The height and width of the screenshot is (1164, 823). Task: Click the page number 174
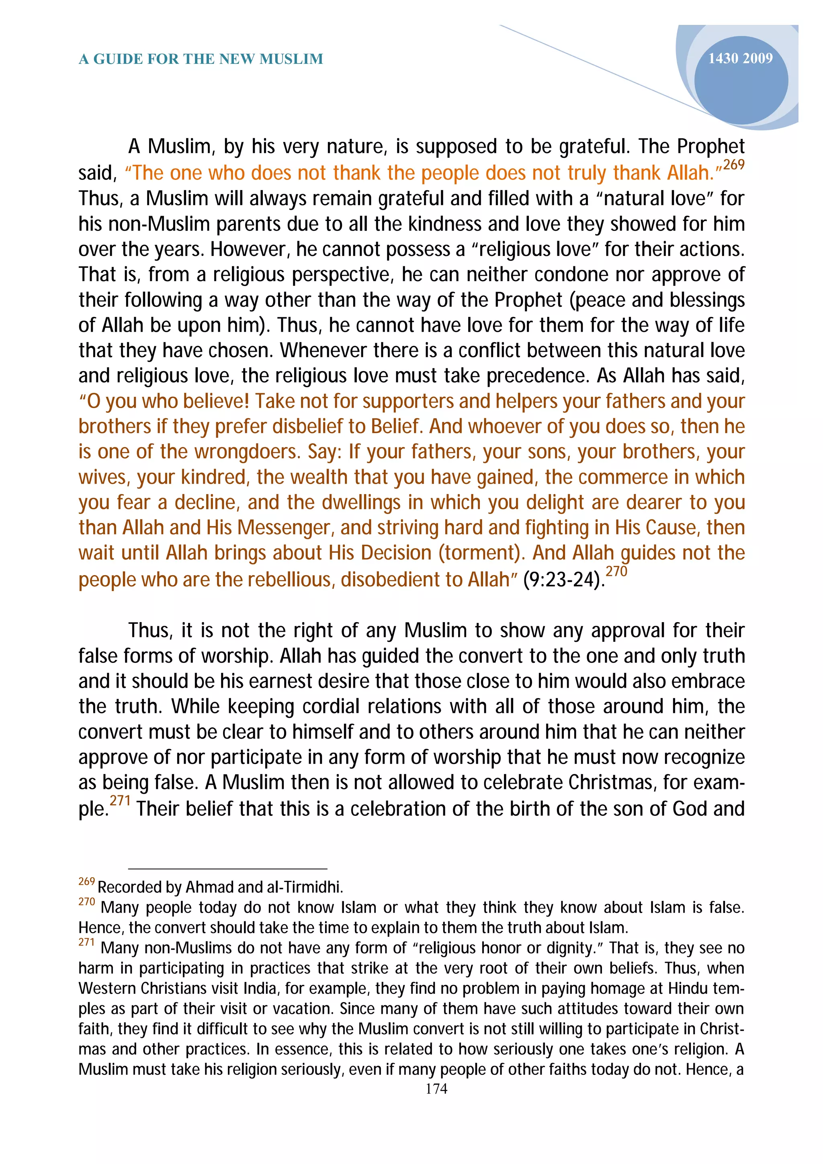tap(436, 1088)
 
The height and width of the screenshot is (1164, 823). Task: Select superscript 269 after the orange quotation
tap(733, 165)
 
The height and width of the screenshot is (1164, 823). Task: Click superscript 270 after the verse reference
tap(616, 571)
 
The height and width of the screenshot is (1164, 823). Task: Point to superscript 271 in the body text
tap(120, 801)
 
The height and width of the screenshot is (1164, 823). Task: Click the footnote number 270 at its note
tap(87, 902)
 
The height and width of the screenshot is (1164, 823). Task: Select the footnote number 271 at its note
tap(87, 942)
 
